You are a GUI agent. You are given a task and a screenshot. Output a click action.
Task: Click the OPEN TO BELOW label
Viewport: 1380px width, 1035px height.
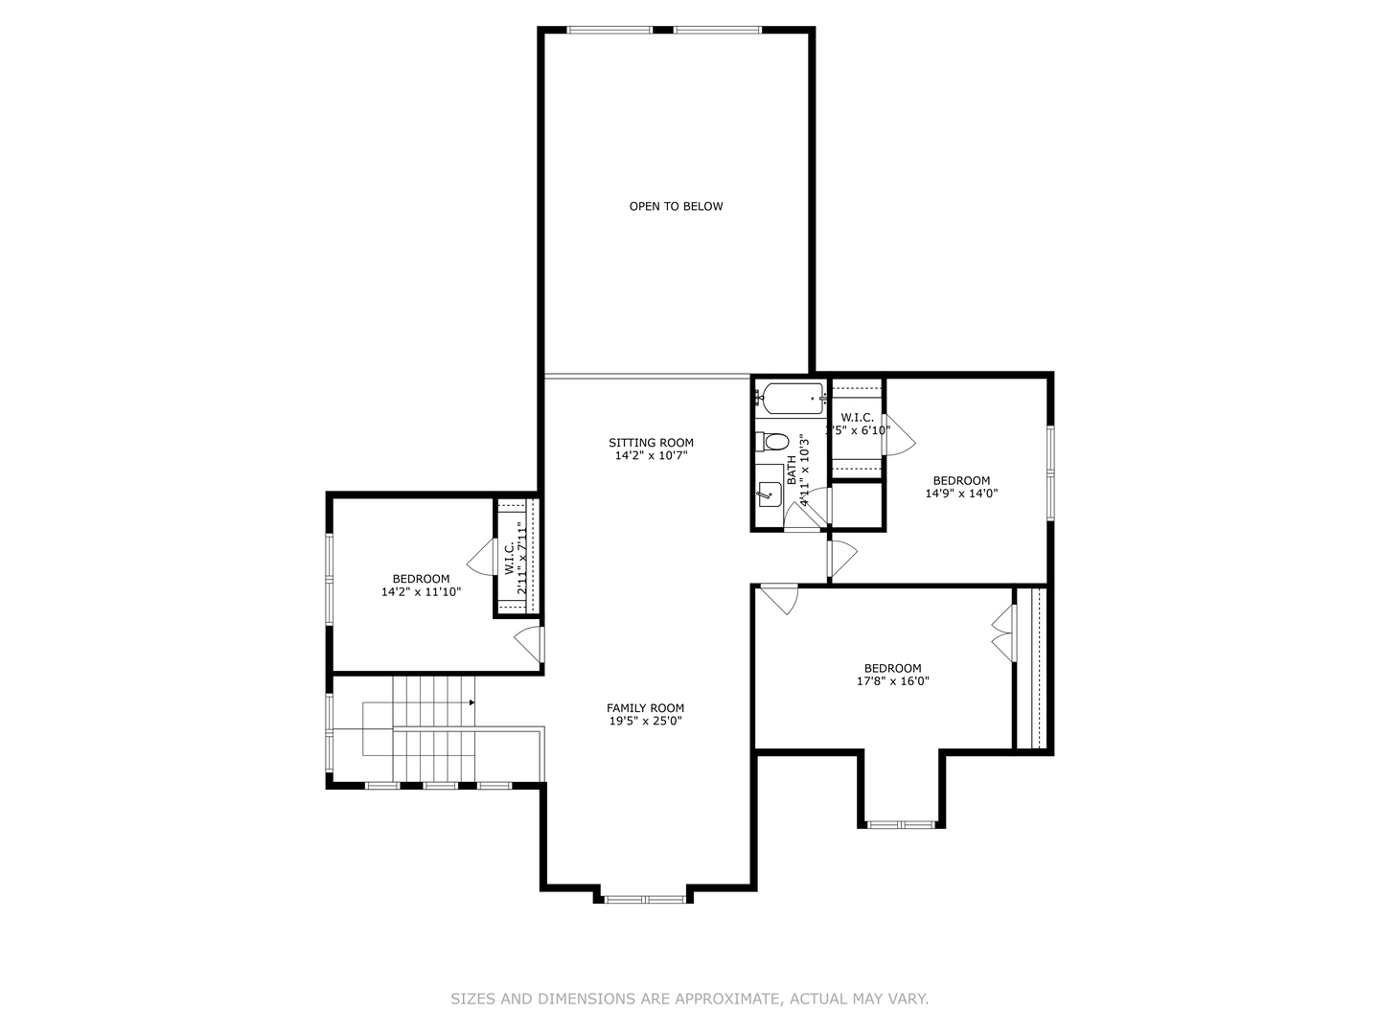[676, 206]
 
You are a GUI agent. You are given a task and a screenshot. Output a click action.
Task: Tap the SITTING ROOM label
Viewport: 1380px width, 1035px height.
[651, 443]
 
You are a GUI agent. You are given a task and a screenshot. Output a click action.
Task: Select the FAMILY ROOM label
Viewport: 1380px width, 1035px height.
[645, 708]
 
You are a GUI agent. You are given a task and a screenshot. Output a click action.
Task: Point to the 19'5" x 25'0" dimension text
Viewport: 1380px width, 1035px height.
[645, 722]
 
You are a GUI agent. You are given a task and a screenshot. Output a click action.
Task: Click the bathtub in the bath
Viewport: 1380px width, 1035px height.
[789, 398]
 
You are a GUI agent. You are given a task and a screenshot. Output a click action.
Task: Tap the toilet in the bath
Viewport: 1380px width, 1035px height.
[772, 442]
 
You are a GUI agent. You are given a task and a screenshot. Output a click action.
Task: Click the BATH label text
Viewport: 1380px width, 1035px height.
[792, 470]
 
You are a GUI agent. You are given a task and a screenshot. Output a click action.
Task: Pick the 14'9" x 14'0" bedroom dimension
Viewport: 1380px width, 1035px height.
[961, 494]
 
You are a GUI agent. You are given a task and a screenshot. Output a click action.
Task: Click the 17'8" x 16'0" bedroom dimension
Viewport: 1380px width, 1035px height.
[892, 682]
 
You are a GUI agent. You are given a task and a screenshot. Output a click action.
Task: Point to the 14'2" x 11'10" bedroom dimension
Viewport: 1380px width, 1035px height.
[421, 592]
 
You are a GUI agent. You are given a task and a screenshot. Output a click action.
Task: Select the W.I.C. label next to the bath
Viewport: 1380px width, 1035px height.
[857, 418]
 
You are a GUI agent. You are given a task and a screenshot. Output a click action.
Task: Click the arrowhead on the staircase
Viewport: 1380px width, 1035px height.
[471, 703]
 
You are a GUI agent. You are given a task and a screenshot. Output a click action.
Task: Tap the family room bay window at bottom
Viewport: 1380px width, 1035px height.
[644, 899]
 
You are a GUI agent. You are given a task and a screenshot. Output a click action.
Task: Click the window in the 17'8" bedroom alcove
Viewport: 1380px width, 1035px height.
[901, 823]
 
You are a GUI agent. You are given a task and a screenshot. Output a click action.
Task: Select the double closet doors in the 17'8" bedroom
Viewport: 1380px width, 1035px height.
[1002, 633]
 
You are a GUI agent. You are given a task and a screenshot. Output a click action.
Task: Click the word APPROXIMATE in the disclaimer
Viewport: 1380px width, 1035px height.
[726, 999]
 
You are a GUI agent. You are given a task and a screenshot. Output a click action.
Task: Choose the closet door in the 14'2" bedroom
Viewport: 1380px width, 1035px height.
[479, 557]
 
